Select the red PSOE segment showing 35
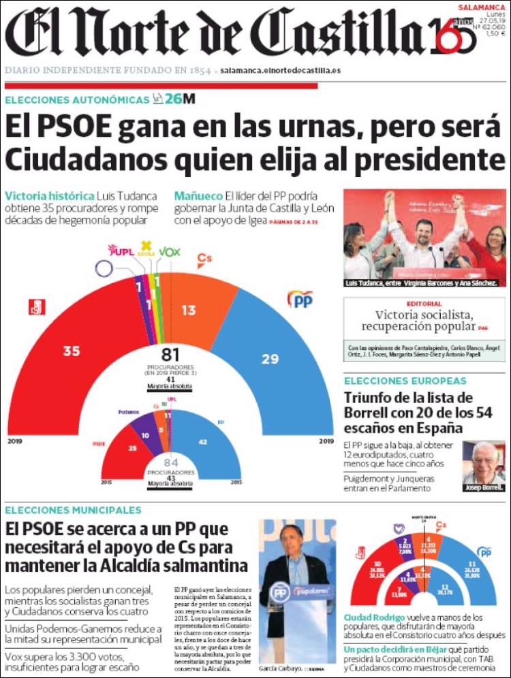(x=71, y=351)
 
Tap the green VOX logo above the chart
(x=170, y=252)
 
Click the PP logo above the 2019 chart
(x=300, y=299)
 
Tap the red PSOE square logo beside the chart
(x=36, y=307)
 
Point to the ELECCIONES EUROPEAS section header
(x=405, y=381)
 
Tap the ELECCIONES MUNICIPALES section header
(x=73, y=510)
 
